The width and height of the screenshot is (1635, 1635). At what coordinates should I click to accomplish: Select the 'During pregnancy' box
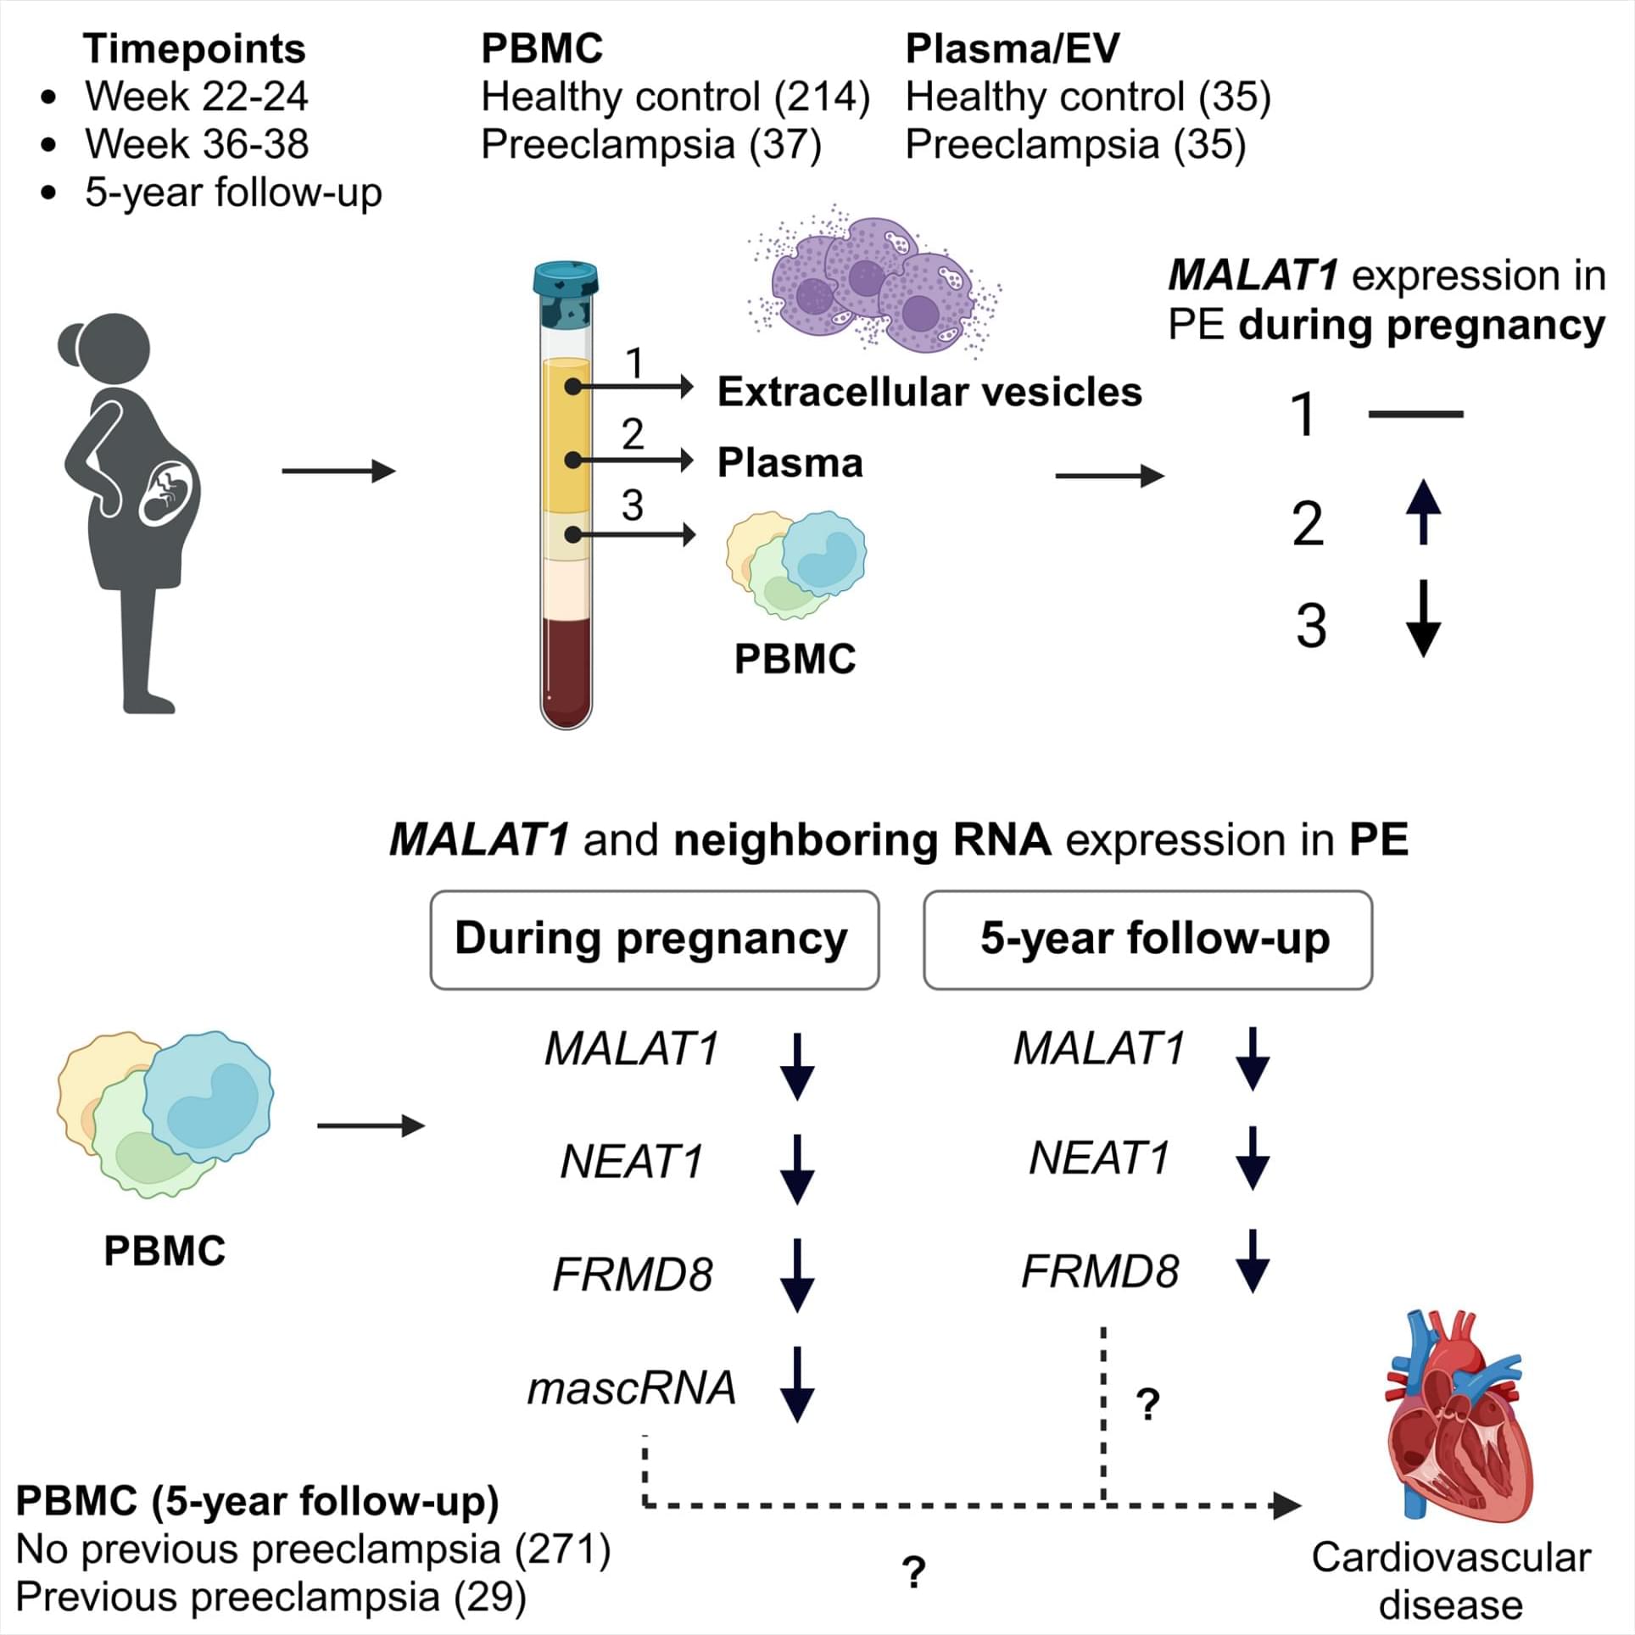pos(654,940)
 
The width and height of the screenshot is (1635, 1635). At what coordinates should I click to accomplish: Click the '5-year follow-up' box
pos(1147,940)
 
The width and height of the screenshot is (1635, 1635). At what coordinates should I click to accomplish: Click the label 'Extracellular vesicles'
pos(929,392)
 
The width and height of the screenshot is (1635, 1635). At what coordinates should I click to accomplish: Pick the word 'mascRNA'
pos(632,1388)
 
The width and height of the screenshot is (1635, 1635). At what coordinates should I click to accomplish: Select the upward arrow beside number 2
pos(1423,511)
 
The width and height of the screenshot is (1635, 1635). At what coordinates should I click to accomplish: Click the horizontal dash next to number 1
pos(1415,415)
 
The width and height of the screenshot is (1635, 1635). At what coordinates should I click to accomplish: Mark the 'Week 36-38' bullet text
pos(197,144)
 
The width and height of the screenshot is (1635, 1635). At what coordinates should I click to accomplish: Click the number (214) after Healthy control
pos(822,97)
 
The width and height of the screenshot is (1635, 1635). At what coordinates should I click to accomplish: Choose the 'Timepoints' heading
pos(194,48)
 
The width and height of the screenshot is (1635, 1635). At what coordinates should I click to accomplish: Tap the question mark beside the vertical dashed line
pos(1147,1405)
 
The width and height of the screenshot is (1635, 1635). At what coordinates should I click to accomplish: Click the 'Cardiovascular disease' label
pos(1450,1581)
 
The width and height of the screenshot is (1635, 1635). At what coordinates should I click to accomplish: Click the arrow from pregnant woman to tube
pos(338,471)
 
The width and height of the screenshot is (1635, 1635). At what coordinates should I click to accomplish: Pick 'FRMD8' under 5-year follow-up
pos(1100,1271)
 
